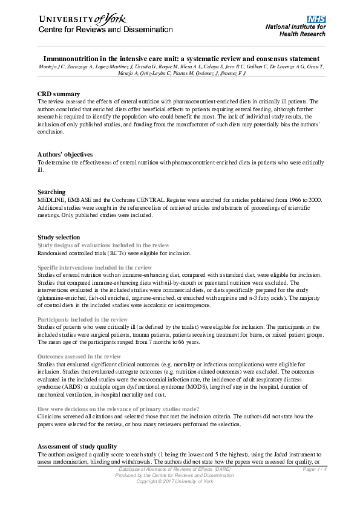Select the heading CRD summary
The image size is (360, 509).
tap(59, 94)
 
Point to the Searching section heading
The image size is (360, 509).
tap(51, 192)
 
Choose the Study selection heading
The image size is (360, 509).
tap(59, 237)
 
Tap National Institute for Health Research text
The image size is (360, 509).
tap(295, 30)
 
